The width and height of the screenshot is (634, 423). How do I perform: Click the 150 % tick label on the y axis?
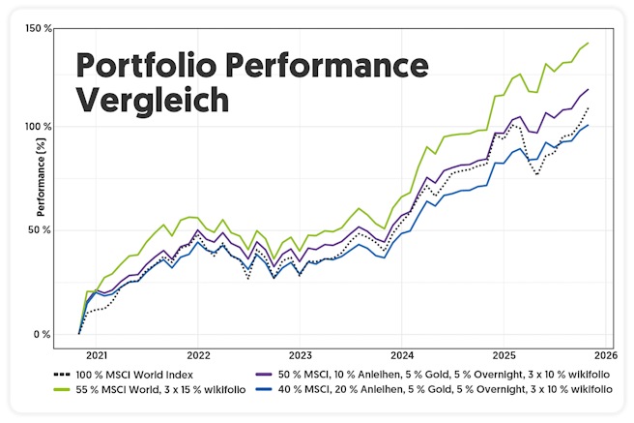(x=40, y=29)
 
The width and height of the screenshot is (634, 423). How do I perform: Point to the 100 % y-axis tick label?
(x=40, y=127)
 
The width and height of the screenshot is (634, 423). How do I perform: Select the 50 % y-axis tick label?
(x=42, y=230)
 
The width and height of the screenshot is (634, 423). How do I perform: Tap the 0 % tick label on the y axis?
(x=43, y=335)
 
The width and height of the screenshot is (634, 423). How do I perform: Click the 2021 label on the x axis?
(x=98, y=355)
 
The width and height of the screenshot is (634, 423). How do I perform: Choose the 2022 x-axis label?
(x=198, y=355)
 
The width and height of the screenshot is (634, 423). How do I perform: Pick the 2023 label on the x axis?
(x=300, y=355)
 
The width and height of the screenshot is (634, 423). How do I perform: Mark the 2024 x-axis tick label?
(x=401, y=355)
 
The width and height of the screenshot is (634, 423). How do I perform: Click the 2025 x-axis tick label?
(x=503, y=355)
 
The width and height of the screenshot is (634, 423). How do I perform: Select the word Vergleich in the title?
(x=152, y=101)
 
